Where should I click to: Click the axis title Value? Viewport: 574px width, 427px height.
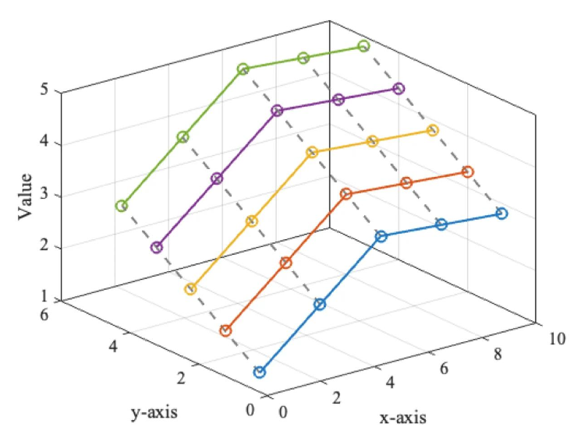point(25,197)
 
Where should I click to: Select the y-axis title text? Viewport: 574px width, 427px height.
point(154,412)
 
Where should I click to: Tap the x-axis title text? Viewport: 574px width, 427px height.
point(402,417)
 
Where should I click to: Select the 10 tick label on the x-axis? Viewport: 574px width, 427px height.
point(557,339)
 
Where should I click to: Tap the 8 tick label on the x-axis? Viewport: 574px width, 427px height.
point(498,354)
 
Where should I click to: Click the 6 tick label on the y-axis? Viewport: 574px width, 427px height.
point(44,314)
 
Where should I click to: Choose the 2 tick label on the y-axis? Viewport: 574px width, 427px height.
point(181,378)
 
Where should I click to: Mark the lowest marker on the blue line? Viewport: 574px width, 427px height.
point(260,372)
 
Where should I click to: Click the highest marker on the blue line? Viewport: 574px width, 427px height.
point(502,213)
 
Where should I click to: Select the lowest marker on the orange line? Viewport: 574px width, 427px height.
point(225,331)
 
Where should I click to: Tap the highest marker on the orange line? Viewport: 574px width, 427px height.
point(467,171)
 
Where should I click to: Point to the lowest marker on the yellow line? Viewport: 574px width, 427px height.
point(190,289)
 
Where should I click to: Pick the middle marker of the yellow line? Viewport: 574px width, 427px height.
point(312,152)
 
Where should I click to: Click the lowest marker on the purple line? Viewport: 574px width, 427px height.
point(156,247)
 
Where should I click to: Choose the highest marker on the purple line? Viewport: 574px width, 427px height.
point(399,89)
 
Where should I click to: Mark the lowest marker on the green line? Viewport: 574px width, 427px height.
point(122,206)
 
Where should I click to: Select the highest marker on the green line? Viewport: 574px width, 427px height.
point(363,46)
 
